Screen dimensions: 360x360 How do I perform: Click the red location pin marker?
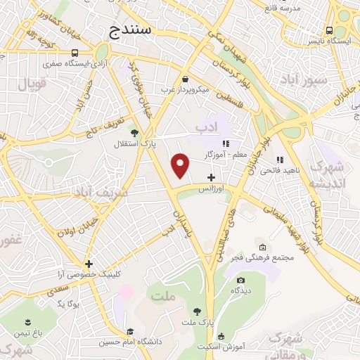(x=181, y=165)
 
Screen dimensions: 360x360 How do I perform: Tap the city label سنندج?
(x=136, y=30)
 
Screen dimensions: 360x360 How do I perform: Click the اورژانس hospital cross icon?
(x=211, y=177)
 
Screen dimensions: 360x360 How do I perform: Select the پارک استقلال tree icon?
(x=135, y=131)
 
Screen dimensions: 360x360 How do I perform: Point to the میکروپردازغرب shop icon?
(x=185, y=79)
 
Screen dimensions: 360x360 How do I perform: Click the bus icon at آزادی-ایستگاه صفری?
(x=75, y=53)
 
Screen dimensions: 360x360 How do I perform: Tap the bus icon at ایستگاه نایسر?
(x=329, y=30)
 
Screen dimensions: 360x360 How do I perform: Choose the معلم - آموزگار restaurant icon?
(x=226, y=143)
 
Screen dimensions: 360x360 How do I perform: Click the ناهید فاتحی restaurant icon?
(x=279, y=159)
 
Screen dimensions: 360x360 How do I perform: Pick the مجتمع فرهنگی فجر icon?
(x=262, y=247)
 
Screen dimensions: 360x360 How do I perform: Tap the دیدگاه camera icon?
(x=240, y=280)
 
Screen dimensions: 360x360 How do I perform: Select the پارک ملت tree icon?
(x=196, y=311)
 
